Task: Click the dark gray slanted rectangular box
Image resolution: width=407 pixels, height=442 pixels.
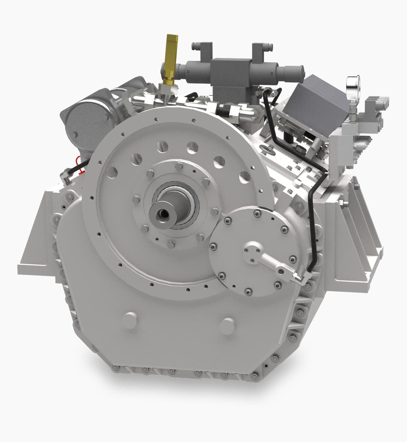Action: pos(321,98)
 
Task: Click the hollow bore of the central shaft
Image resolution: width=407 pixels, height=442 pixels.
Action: pos(162,214)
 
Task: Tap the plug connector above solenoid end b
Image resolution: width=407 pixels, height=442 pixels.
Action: pos(200,48)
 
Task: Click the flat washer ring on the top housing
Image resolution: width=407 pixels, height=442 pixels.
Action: pos(268,150)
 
